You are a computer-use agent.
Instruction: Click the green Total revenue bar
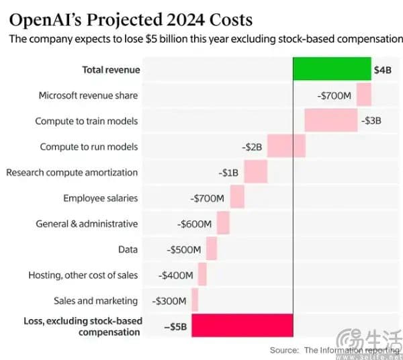[x=332, y=69]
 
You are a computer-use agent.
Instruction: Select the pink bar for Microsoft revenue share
[x=364, y=95]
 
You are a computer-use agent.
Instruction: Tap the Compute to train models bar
[x=330, y=121]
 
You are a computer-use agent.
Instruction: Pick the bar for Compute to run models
[x=286, y=146]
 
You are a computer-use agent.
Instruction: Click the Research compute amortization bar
[x=255, y=172]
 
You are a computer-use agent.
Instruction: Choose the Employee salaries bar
[x=237, y=197]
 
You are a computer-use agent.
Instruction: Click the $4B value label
[x=383, y=70]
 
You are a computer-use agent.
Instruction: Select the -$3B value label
[x=371, y=121]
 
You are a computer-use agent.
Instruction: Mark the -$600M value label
[x=195, y=224]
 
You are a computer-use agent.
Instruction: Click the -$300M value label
[x=171, y=301]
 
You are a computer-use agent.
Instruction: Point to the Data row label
[x=128, y=249]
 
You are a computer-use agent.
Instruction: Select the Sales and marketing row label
[x=95, y=301]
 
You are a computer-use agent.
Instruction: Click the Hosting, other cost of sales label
[x=83, y=275]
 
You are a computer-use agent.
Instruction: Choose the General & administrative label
[x=87, y=224]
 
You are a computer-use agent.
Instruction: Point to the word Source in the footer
[x=284, y=350]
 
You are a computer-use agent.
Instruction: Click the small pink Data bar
[x=212, y=249]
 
